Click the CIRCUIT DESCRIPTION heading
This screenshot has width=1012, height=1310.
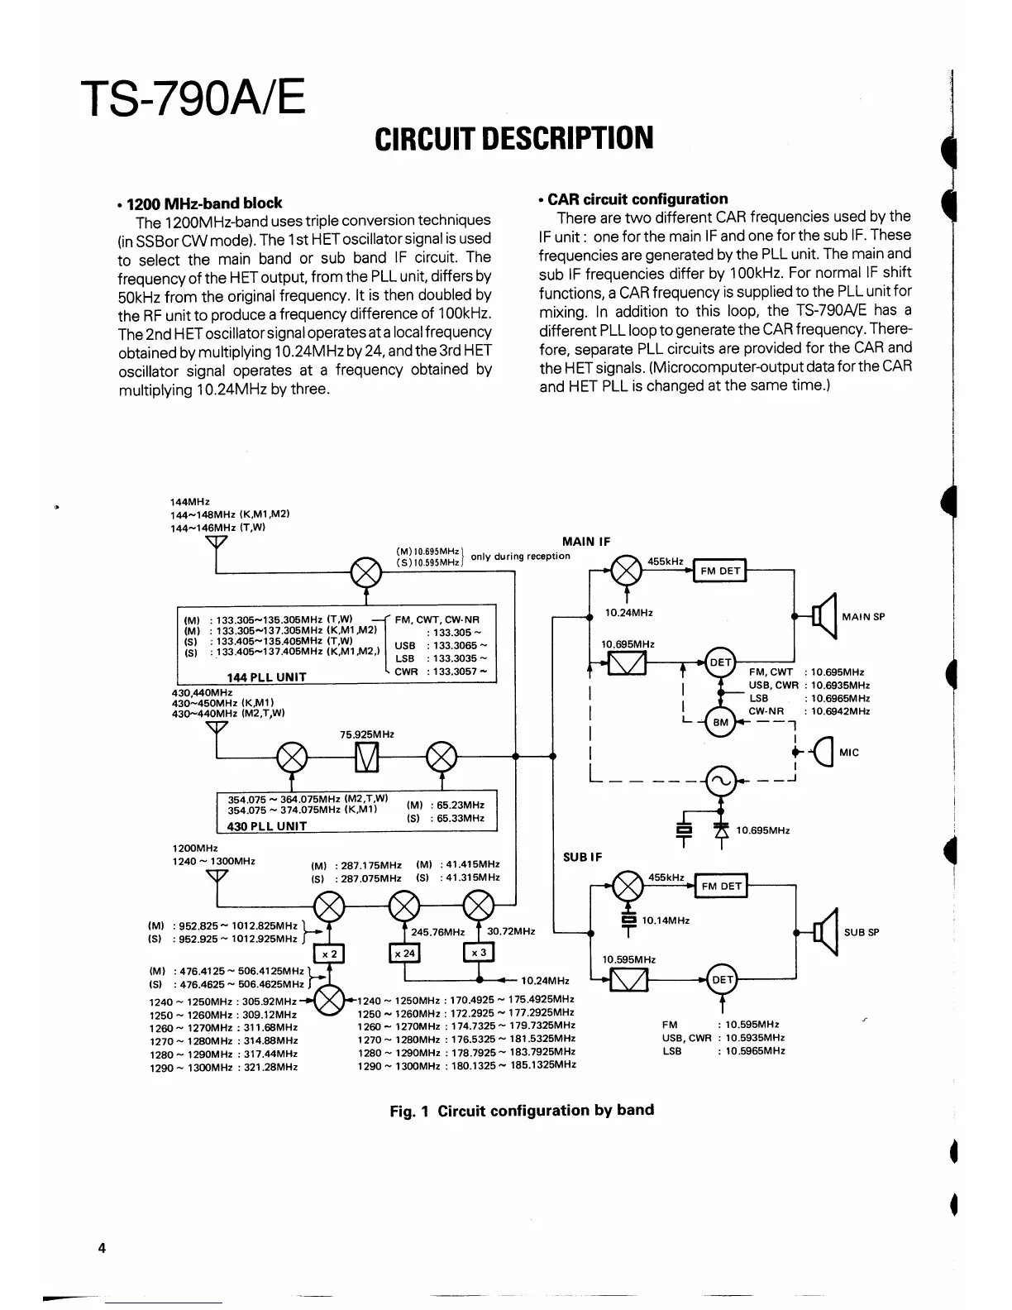point(513,139)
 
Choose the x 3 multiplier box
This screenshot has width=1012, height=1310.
point(478,953)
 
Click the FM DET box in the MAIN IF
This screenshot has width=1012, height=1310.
point(720,571)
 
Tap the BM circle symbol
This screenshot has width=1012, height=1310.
point(721,722)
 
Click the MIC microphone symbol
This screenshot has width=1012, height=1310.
point(823,753)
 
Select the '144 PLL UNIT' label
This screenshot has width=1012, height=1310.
point(266,677)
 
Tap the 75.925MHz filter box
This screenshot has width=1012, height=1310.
point(366,756)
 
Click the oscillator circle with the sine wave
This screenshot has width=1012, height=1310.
point(719,779)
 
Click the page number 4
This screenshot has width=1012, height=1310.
point(102,1248)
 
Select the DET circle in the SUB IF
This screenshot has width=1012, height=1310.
point(722,980)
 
